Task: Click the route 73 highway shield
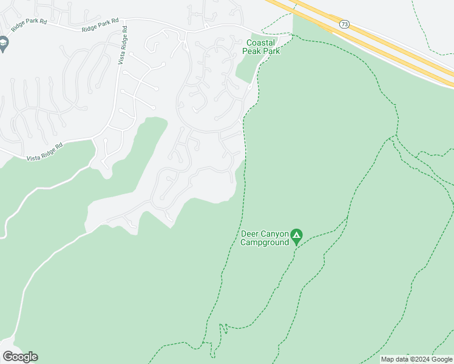coord(344,24)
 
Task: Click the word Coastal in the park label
coord(261,43)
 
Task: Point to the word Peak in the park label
coord(252,52)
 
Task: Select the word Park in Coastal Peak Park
coord(271,52)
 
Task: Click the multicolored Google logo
coord(20,357)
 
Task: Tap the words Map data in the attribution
coord(394,359)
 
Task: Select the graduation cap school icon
coord(4,43)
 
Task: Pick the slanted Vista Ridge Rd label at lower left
coord(44,152)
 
